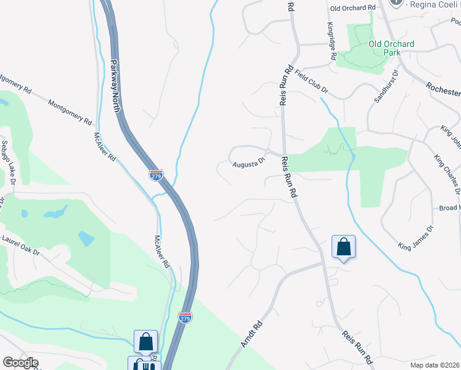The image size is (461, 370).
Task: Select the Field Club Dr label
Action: [311, 81]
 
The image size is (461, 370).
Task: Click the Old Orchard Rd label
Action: [353, 7]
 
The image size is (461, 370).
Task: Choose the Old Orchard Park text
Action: [391, 48]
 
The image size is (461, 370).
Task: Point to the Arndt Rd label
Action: [251, 333]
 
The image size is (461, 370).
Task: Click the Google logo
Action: [20, 363]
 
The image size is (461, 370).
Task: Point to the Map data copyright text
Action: [435, 365]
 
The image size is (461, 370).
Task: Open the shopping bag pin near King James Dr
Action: [344, 247]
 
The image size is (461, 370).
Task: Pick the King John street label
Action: [451, 138]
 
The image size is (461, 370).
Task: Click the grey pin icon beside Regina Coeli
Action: [396, 3]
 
